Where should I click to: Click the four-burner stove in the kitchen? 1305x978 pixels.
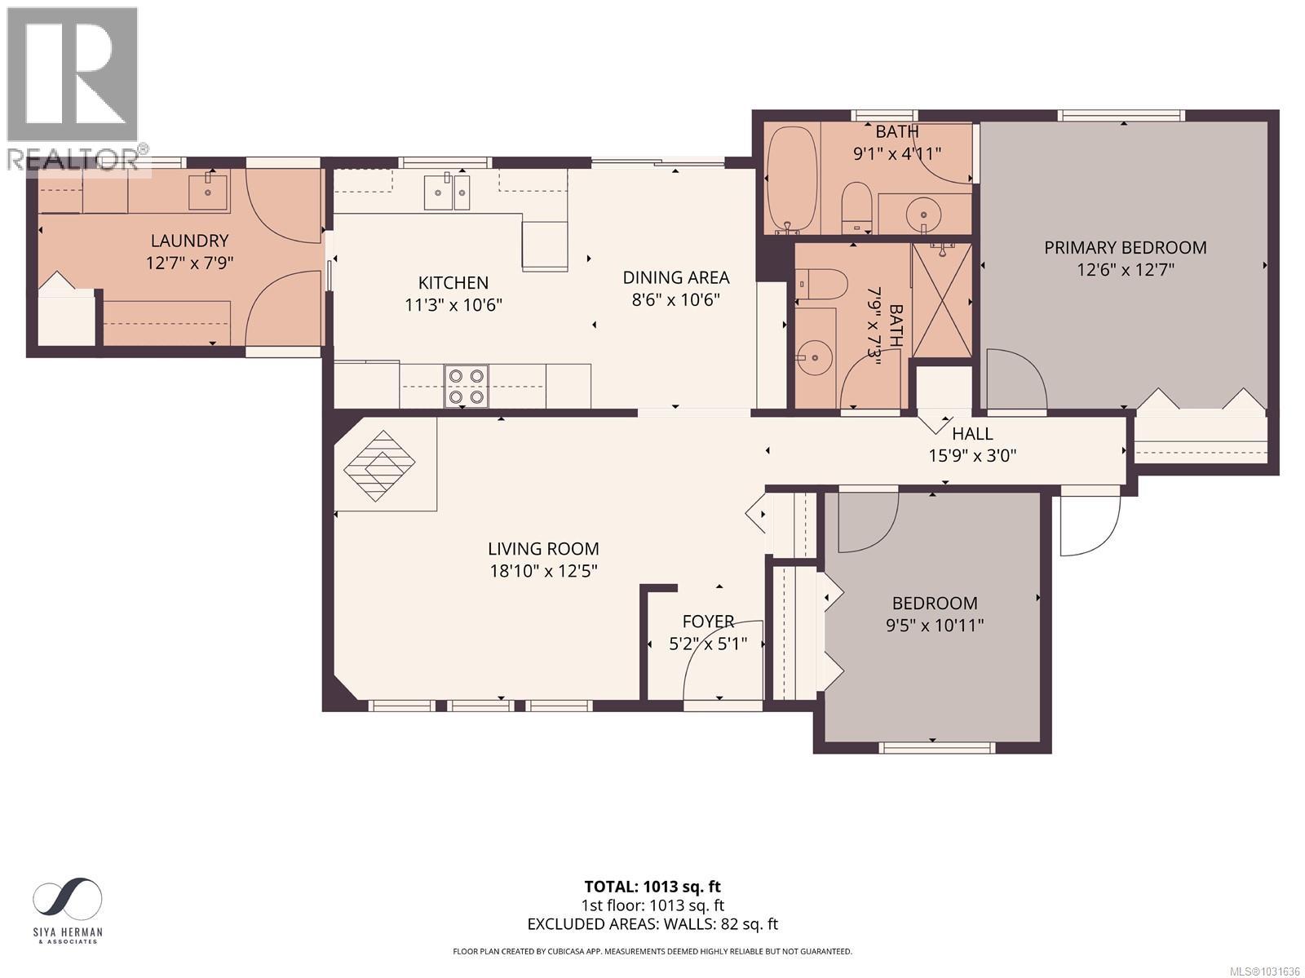(467, 386)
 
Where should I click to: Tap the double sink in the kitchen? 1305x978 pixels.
(447, 193)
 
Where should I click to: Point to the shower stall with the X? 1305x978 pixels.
(942, 299)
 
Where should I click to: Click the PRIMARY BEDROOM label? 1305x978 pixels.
(1125, 247)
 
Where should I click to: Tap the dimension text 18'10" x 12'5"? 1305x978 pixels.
(543, 571)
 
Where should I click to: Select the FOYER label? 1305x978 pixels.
(708, 622)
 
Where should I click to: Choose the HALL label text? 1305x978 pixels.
(972, 435)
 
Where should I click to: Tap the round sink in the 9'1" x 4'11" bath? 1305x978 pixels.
(923, 215)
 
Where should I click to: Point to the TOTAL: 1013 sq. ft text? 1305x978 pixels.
(652, 887)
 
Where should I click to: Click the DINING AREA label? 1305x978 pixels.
(675, 277)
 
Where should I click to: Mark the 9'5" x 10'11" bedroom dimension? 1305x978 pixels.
(935, 626)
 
